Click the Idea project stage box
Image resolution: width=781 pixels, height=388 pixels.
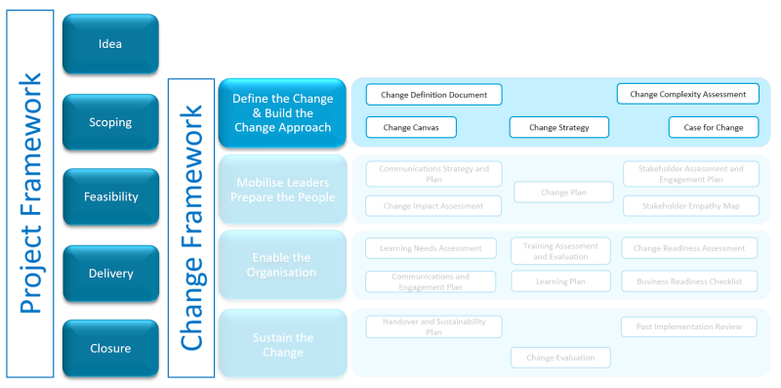pos(110,43)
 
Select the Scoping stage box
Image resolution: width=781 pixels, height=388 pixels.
pos(110,122)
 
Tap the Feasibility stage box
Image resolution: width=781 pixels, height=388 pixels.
pos(110,196)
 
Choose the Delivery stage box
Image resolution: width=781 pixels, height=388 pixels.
pos(110,274)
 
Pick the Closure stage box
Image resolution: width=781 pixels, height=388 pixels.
pos(110,348)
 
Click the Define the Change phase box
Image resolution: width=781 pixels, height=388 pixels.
pos(282,113)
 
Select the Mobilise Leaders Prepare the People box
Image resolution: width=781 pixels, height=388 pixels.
pos(282,189)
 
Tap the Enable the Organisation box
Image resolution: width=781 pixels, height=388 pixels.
pos(282,265)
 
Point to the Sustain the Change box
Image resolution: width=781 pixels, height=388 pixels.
pos(282,344)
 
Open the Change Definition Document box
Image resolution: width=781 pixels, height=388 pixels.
pos(433,94)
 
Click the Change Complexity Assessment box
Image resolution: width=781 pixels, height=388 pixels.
pos(687,94)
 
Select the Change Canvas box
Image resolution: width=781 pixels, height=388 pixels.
pos(410,127)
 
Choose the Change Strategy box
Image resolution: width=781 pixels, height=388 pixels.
pos(558,127)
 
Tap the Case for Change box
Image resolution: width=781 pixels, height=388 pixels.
pos(713,127)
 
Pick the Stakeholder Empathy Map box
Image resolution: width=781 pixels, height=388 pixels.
pos(689,206)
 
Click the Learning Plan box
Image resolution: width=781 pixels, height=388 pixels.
pos(560,281)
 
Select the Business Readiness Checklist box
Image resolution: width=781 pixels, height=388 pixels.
pos(689,281)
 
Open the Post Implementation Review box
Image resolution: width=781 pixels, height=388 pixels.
pos(689,326)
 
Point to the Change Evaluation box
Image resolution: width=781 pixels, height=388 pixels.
pos(560,358)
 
